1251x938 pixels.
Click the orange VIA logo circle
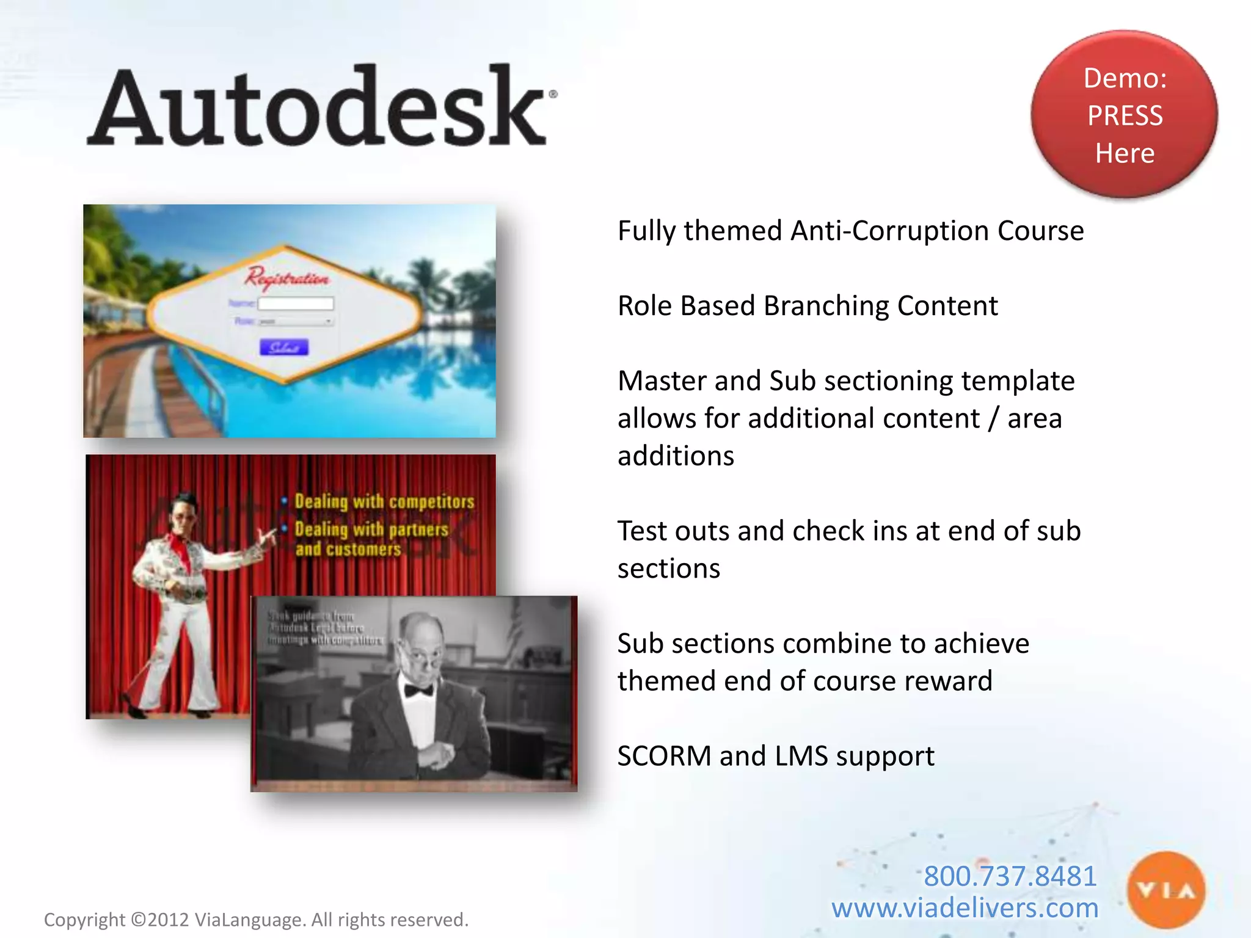click(x=1166, y=890)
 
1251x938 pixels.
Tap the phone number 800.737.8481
click(x=1010, y=876)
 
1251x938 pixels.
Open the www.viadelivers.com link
click(x=965, y=908)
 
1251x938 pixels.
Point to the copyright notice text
click(x=256, y=920)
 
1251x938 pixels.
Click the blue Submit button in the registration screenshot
click(x=284, y=347)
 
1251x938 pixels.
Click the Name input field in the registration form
click(x=296, y=304)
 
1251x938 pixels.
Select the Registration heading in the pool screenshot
click(x=286, y=278)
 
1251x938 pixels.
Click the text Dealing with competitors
click(x=384, y=501)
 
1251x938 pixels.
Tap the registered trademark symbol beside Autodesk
click(x=553, y=94)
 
